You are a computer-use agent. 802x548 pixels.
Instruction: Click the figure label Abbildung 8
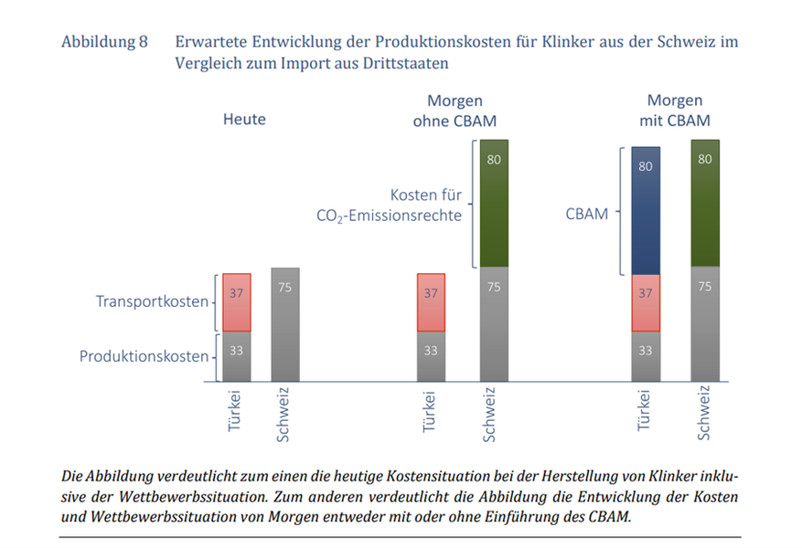coord(103,43)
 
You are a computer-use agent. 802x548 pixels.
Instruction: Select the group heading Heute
coord(244,119)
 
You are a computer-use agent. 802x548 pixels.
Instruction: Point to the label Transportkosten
coord(152,300)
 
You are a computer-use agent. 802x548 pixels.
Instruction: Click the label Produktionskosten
coord(144,356)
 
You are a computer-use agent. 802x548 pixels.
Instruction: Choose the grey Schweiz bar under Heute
coord(284,324)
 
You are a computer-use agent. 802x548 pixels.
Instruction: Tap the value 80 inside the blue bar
coord(646,167)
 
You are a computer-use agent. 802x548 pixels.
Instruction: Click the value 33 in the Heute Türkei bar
coord(235,350)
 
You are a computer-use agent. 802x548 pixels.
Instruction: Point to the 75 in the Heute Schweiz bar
coord(284,287)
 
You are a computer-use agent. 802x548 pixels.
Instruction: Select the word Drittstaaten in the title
coord(405,64)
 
